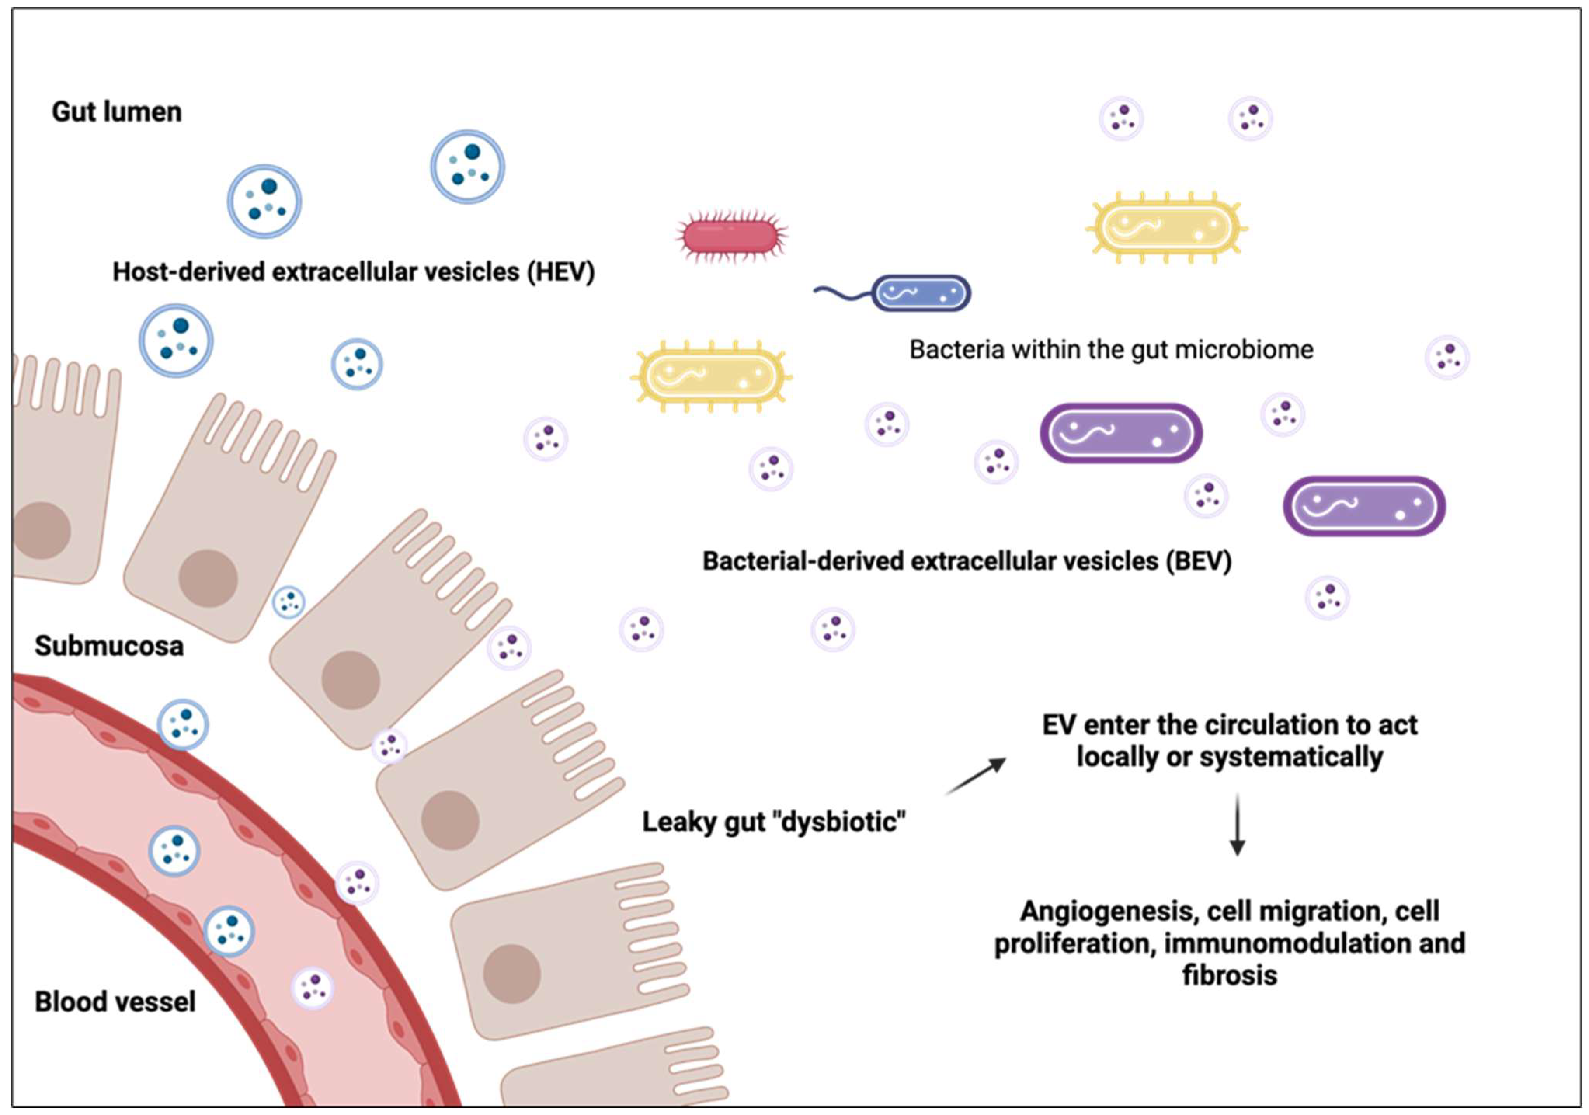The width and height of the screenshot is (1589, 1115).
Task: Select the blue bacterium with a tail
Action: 920,293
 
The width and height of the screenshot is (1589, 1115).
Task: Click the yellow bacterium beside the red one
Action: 711,376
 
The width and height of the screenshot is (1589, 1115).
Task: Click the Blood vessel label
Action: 115,1002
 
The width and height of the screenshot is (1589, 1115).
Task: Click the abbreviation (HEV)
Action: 561,272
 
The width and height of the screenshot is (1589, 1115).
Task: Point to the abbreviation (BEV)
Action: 1199,561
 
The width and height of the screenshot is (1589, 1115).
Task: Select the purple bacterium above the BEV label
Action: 1120,433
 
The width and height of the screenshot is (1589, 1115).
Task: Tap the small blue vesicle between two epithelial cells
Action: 289,602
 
